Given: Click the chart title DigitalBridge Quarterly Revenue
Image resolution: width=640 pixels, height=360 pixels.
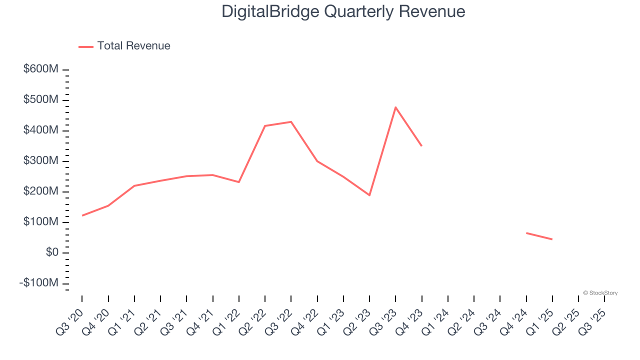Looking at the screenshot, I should click(343, 11).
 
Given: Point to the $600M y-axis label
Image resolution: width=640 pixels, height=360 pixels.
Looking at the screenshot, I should click(40, 69).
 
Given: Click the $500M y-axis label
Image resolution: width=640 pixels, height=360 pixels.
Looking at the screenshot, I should click(40, 99).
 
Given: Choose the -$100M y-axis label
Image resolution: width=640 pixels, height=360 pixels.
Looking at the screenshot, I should click(38, 283).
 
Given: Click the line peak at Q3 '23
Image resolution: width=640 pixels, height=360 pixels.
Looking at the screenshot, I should click(395, 107).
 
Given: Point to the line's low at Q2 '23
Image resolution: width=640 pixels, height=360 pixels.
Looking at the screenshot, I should click(369, 195).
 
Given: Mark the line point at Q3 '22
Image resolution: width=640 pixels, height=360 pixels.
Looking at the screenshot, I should click(291, 122).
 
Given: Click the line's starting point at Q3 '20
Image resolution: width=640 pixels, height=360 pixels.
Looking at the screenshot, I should click(82, 215).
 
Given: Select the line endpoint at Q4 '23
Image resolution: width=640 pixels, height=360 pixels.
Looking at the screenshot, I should click(421, 145).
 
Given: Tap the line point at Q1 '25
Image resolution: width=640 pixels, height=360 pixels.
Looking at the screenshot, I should click(552, 239).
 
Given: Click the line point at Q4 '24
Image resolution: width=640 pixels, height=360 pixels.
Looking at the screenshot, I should click(526, 233).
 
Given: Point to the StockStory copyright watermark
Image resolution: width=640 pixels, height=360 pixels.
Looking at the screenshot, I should click(600, 293).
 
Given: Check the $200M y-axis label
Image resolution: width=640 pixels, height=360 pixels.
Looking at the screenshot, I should click(40, 191).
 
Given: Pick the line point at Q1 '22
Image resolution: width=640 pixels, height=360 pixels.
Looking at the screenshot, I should click(239, 182).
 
